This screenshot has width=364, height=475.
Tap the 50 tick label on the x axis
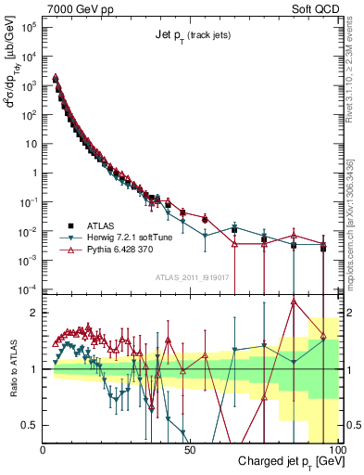[x=189, y=447]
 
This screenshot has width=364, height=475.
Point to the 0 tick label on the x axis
[x=44, y=447]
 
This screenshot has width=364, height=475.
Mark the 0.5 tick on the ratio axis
[x=31, y=425]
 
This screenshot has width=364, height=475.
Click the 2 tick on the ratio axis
[x=36, y=313]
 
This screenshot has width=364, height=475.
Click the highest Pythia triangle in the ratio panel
[x=294, y=302]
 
